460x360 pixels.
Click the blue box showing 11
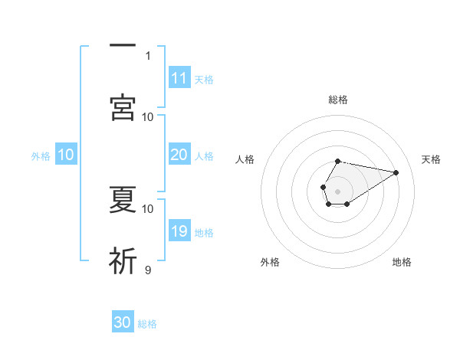pos(179,77)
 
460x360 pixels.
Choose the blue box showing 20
pos(179,155)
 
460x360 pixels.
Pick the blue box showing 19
pos(179,231)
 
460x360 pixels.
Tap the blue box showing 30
pos(123,322)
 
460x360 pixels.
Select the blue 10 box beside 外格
pos(66,155)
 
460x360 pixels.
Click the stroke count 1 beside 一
pos(148,55)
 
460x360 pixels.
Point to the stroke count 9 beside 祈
pos(148,270)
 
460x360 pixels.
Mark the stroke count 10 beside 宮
pos(148,116)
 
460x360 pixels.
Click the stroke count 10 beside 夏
pos(148,208)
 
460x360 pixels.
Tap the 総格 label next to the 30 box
pos(147,324)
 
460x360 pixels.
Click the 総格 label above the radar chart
pos(338,100)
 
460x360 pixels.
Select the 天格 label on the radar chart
pos(431,159)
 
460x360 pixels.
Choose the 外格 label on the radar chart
pos(270,262)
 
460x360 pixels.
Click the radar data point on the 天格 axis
pos(396,172)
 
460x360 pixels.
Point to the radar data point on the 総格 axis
pos(337,162)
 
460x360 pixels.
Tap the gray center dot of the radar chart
pos(337,190)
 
